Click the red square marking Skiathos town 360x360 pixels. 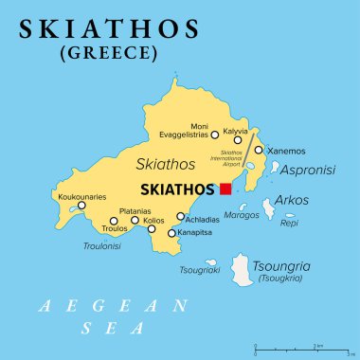pyautogui.click(x=225, y=189)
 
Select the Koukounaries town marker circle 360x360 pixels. pyautogui.click(x=81, y=206)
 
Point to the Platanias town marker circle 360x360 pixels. pyautogui.click(x=135, y=221)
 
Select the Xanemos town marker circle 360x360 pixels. pyautogui.click(x=258, y=150)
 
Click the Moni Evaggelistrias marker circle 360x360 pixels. pyautogui.click(x=214, y=135)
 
